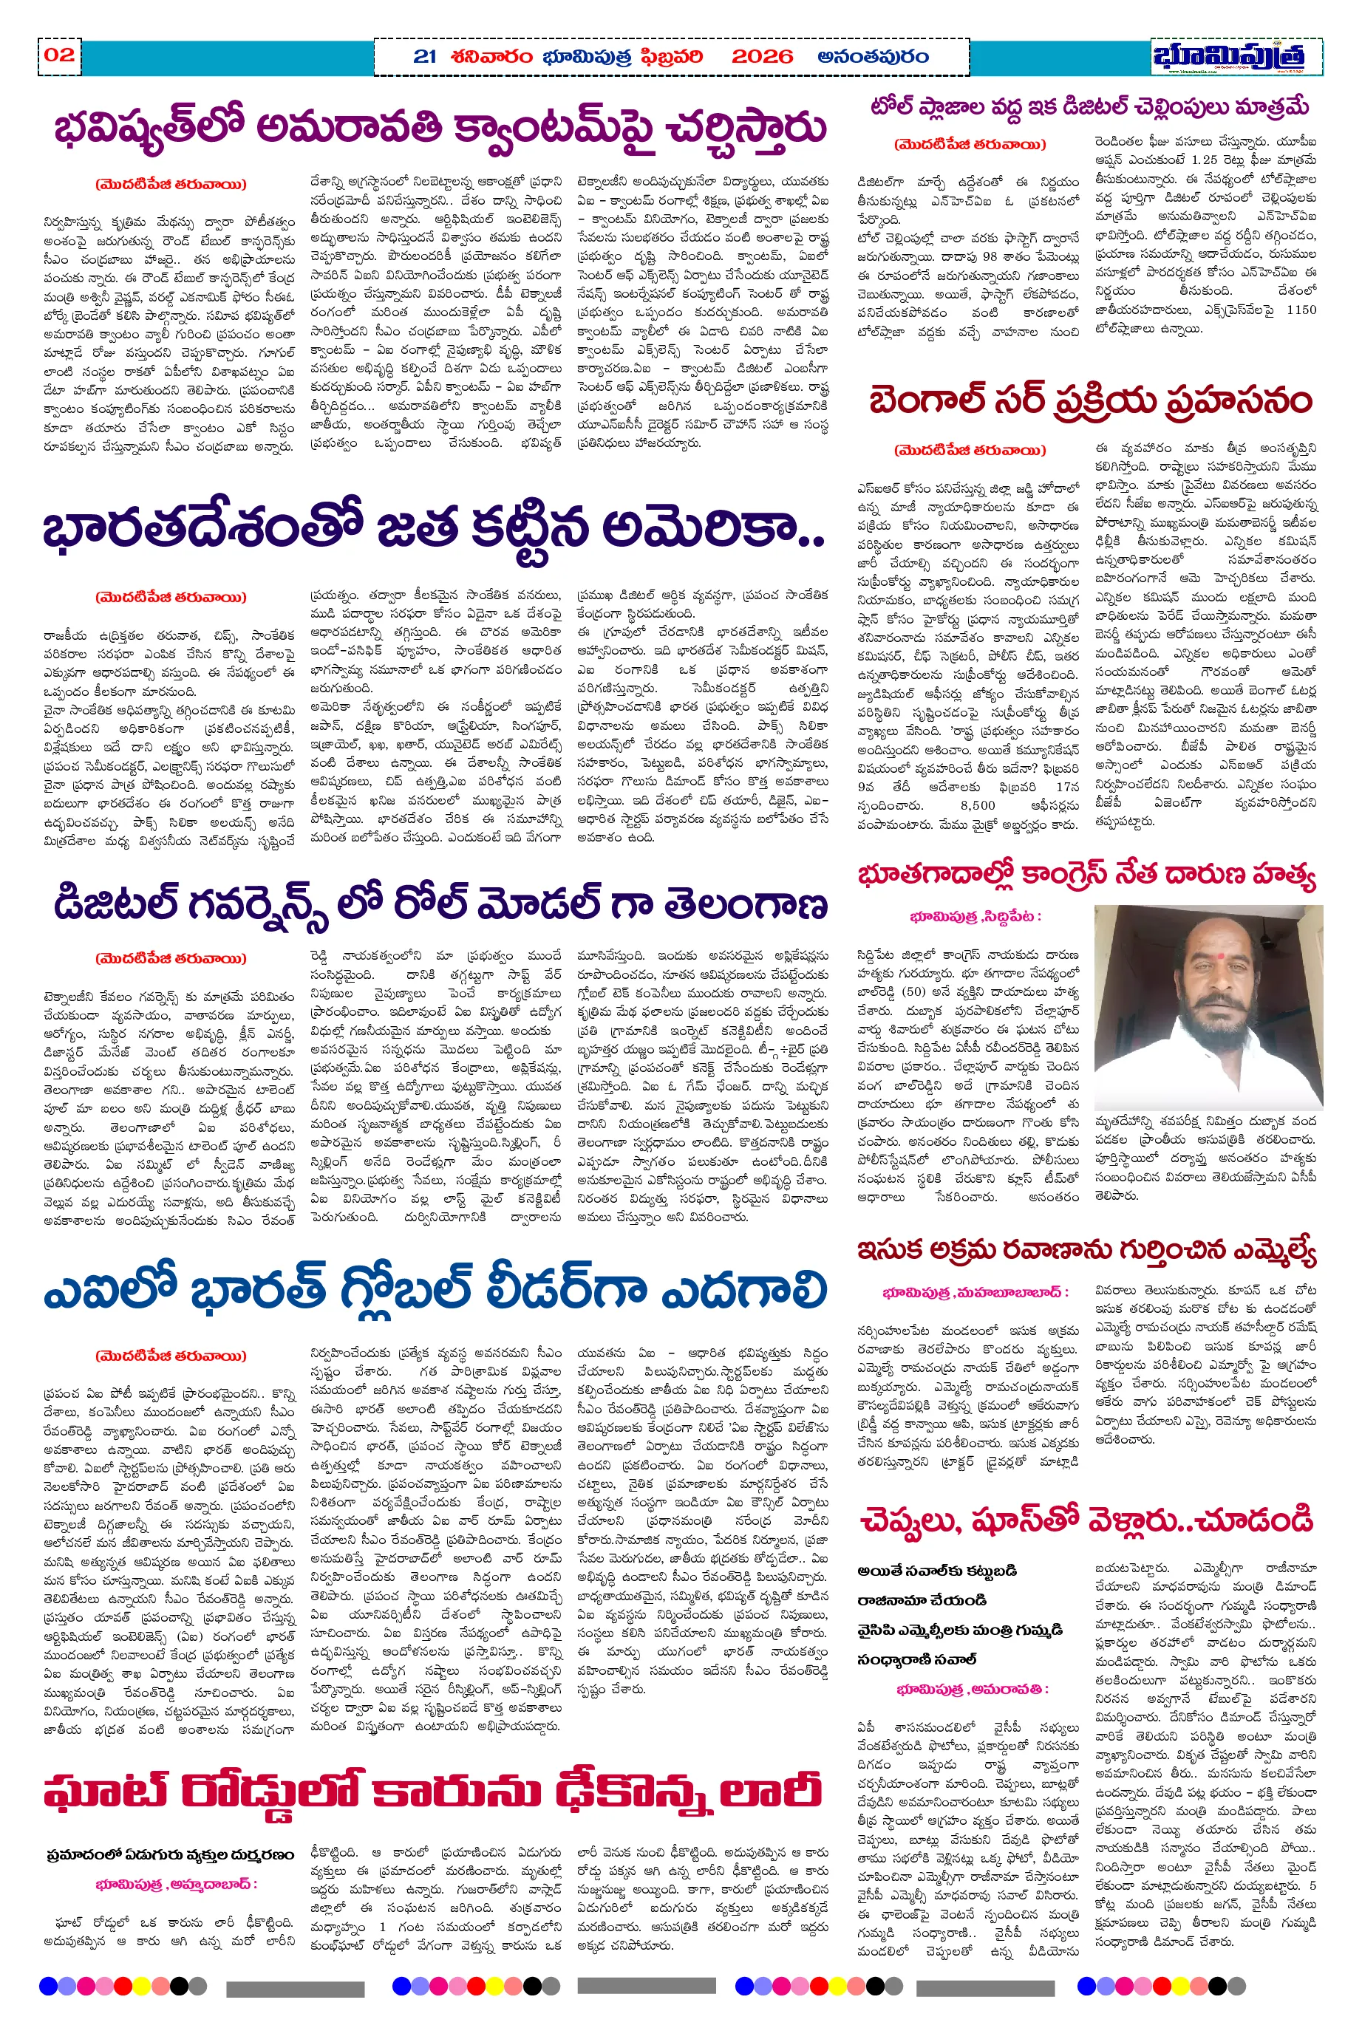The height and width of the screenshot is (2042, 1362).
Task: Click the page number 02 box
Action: (58, 55)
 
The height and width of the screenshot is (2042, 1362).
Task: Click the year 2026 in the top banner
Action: (762, 58)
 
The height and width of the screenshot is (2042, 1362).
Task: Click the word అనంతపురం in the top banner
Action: (873, 58)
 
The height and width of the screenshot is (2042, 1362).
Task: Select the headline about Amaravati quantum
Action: (439, 128)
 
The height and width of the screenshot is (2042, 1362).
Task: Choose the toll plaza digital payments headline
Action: (1089, 107)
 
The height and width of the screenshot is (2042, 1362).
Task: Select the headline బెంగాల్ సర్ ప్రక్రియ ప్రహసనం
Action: (1090, 401)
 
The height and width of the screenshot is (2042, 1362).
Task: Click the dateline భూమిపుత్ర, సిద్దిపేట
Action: (975, 916)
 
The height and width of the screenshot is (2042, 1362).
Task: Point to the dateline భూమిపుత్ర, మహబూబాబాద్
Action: (975, 1292)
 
